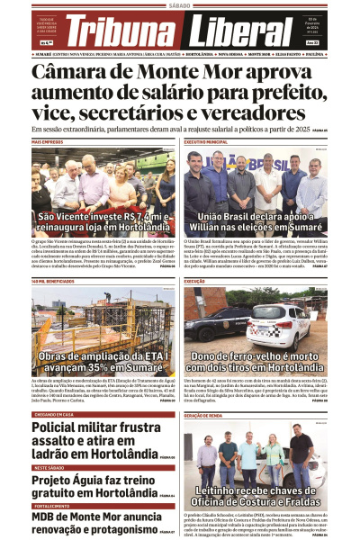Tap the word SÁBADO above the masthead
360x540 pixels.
[x=180, y=5]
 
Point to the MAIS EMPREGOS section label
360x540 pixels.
[x=47, y=142]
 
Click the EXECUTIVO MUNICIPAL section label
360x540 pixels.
[x=206, y=142]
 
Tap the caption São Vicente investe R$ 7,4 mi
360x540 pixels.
[x=103, y=222]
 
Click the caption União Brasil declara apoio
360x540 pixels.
[x=256, y=222]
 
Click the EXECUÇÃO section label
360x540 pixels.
[x=195, y=282]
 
